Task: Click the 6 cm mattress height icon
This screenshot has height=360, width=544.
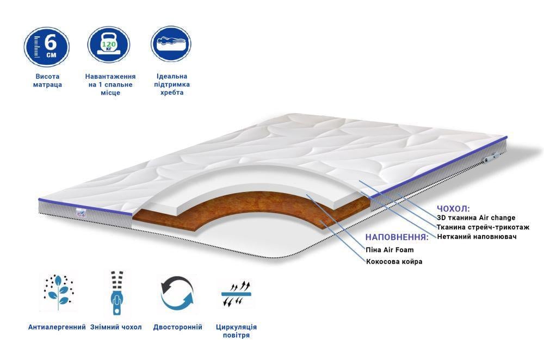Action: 46,47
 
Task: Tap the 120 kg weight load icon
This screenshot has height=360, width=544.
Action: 109,45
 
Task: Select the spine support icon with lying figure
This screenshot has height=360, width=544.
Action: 171,44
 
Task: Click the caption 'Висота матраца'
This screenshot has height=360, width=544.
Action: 47,80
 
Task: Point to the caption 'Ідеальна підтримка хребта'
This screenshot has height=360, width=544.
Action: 172,84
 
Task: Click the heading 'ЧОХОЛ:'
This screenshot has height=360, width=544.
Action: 453,209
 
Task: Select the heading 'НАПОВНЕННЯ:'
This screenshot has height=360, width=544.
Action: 397,237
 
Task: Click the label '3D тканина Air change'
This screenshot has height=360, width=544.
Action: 476,218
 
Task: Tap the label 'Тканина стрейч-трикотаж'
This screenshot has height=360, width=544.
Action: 483,227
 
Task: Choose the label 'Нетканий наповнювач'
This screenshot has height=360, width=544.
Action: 477,237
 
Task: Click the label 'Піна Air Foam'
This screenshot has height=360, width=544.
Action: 390,250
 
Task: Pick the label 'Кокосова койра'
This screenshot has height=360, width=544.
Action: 394,261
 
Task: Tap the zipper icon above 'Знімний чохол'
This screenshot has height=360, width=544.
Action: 117,293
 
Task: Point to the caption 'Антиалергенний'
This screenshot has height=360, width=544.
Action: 57,327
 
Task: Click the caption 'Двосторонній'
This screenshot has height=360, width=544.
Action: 178,327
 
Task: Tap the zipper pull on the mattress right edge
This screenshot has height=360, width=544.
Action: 491,158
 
